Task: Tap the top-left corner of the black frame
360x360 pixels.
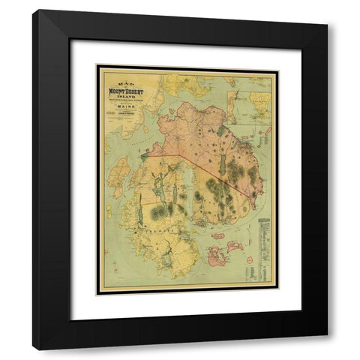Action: coord(34,11)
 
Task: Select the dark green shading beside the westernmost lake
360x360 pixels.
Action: coord(158,213)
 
